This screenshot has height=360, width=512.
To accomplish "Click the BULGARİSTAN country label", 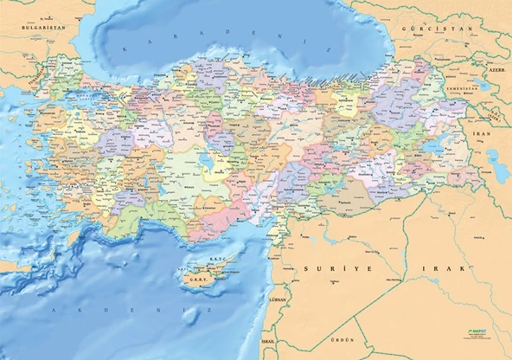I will click(43, 28).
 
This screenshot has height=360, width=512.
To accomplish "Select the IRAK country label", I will click(453, 269).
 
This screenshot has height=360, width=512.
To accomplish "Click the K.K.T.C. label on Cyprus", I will click(216, 259).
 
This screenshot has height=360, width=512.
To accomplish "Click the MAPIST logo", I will click(477, 331).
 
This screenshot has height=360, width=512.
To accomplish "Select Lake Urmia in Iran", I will click(494, 159).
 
